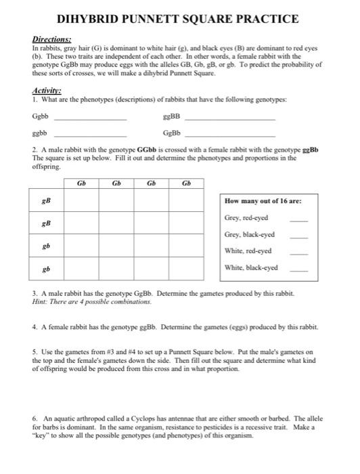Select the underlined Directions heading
click(48, 40)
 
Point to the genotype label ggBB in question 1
click(171, 116)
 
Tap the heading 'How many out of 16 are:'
click(263, 201)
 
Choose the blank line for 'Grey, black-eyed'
click(299, 236)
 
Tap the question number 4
click(35, 326)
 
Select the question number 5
click(35, 353)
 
